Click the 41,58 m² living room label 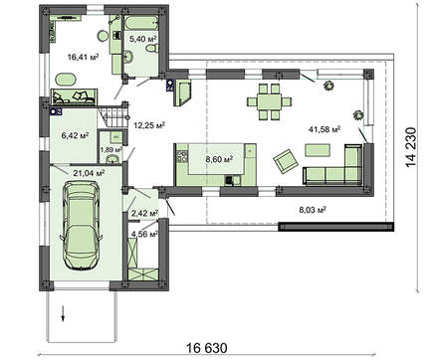click(x=327, y=129)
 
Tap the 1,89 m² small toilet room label click(x=110, y=149)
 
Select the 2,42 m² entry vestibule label click(x=145, y=213)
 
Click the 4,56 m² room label click(x=145, y=235)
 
